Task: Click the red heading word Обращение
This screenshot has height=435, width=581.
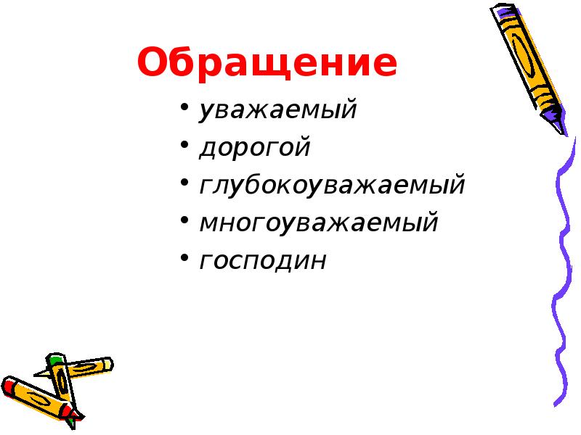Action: (267, 64)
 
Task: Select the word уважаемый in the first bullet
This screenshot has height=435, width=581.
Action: (278, 111)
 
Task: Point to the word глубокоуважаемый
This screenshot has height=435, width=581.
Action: (332, 186)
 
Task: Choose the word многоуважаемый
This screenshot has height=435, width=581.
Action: (319, 223)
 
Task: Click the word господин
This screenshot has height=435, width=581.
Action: (263, 260)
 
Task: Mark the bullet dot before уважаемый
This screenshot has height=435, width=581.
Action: (185, 111)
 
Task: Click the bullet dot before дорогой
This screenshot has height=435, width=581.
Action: (185, 148)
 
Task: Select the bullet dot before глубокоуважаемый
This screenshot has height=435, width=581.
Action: (185, 185)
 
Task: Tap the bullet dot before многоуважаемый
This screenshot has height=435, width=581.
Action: (185, 222)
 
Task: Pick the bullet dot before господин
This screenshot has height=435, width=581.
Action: (185, 259)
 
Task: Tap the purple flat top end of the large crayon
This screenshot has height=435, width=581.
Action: (500, 10)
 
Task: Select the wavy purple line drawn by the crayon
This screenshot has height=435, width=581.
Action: (564, 275)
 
